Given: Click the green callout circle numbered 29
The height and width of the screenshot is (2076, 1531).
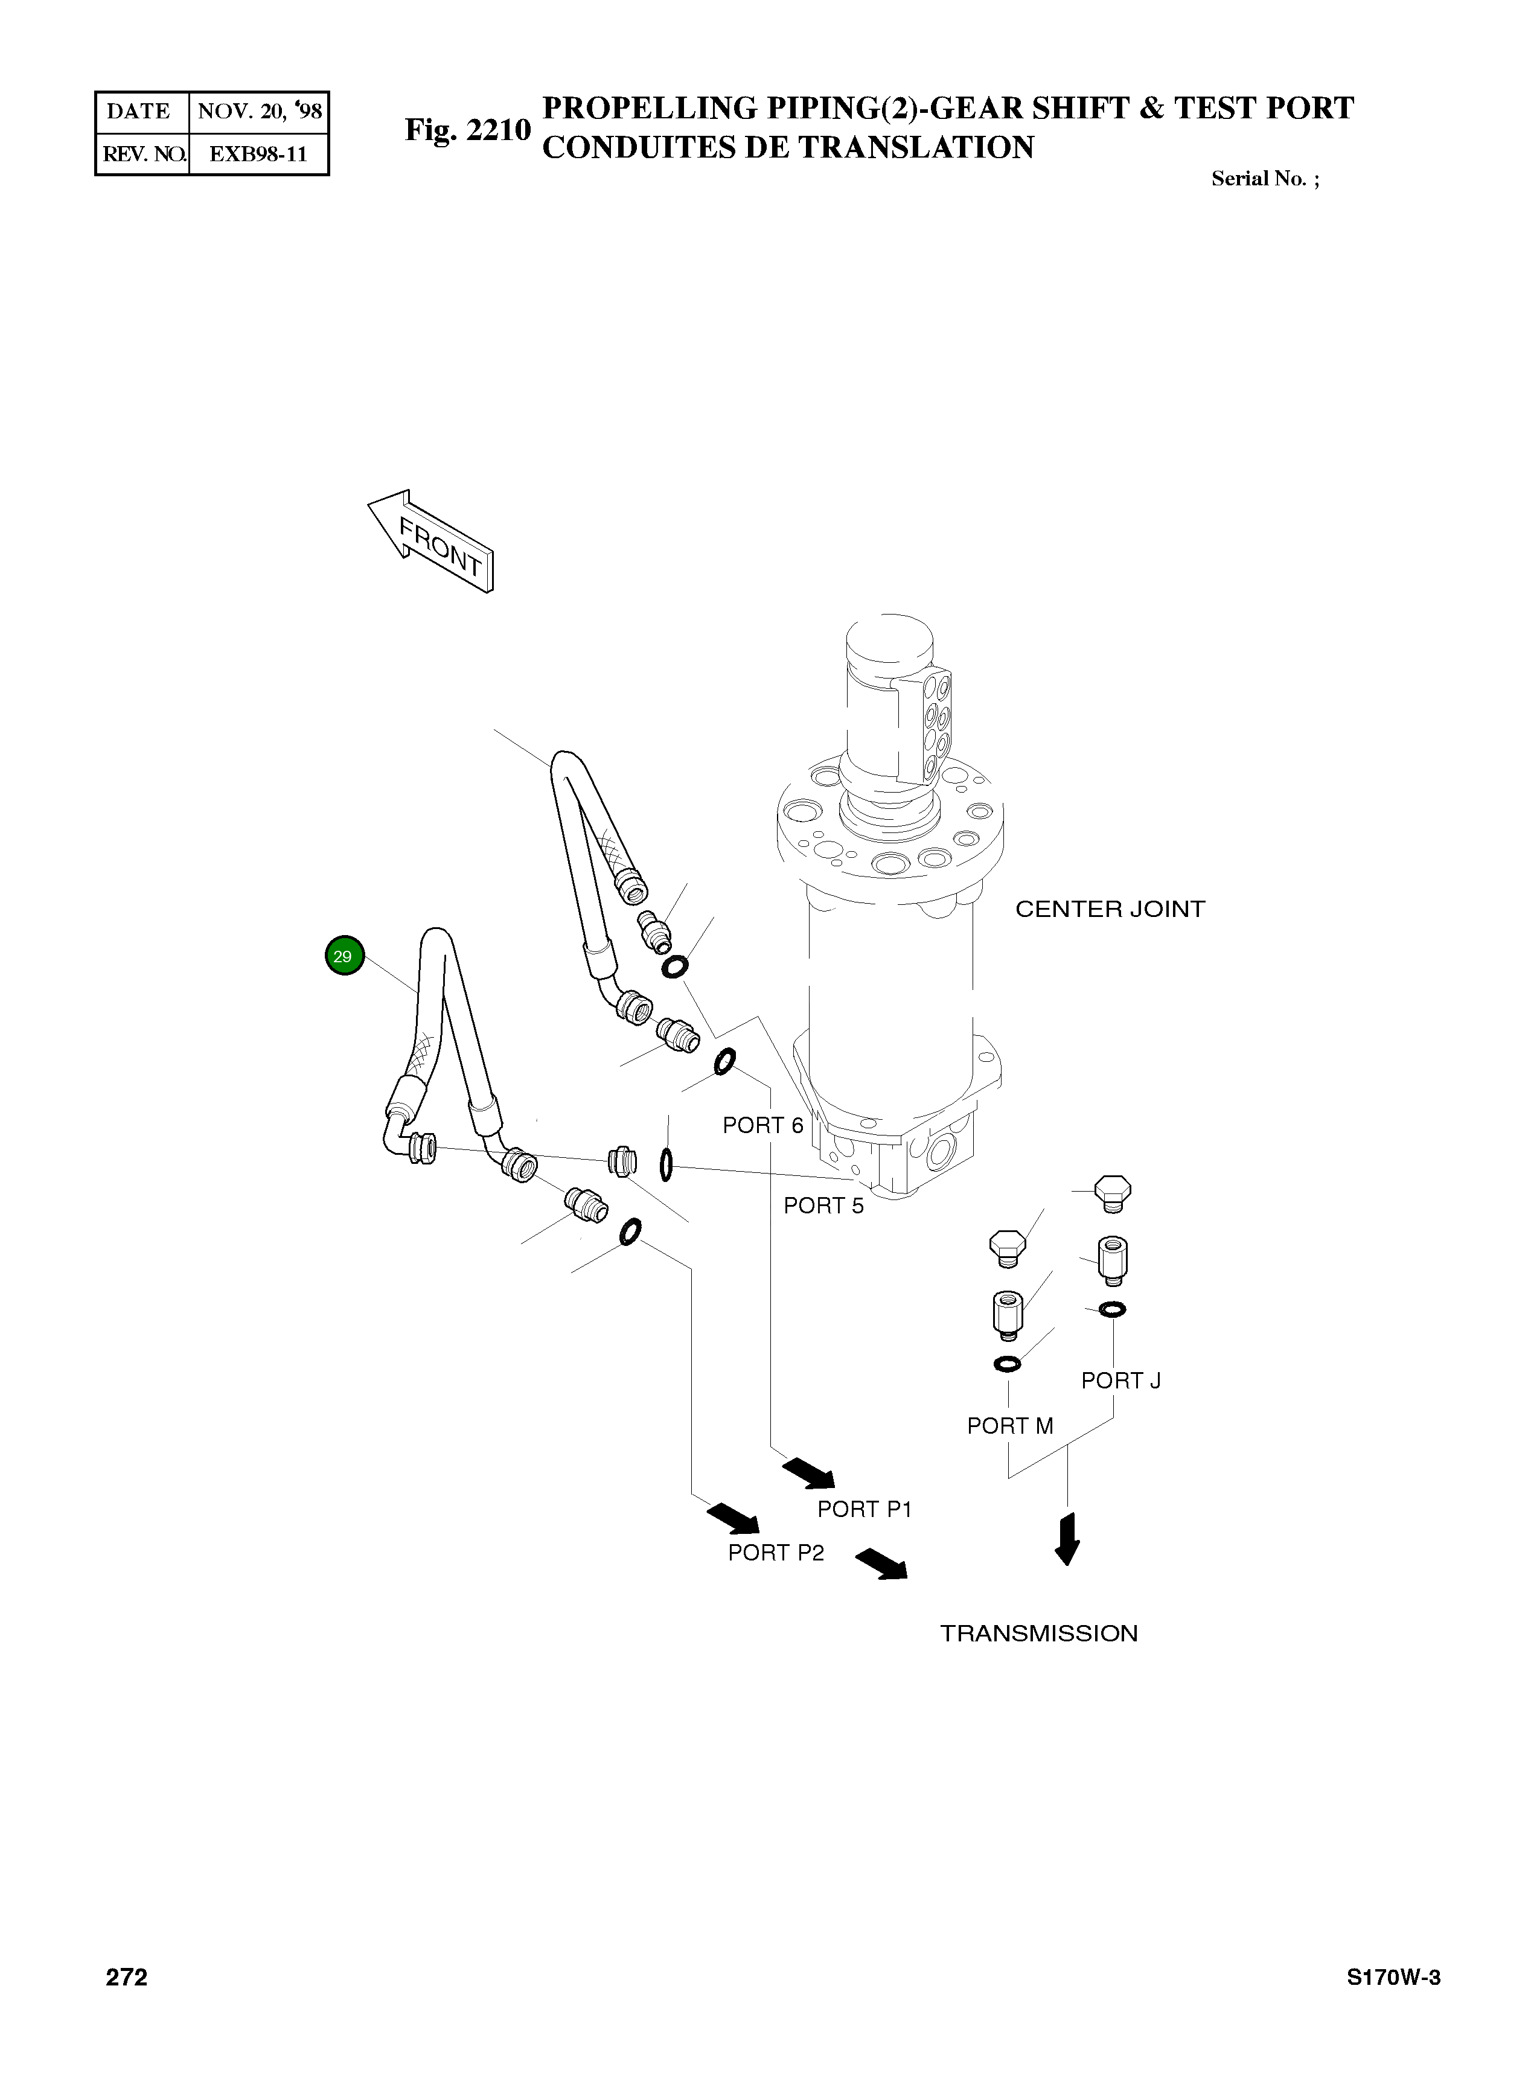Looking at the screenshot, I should point(344,956).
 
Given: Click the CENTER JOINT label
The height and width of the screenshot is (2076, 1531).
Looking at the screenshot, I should point(1110,909).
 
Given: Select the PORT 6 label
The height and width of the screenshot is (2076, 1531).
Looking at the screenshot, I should point(762,1125).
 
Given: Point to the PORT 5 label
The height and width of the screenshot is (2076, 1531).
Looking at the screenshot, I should point(823,1206).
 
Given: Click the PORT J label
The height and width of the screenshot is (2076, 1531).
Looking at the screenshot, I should point(1120,1381).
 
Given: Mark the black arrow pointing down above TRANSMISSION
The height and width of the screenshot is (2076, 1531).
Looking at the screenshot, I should point(1067,1539).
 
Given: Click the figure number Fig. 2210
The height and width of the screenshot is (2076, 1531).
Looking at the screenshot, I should point(467,130).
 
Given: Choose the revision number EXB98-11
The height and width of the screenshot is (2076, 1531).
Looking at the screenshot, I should point(258,154).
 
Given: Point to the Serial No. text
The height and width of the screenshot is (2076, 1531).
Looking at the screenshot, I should point(1264,179).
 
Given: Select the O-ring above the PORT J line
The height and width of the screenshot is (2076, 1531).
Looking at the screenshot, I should point(1112,1309).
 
